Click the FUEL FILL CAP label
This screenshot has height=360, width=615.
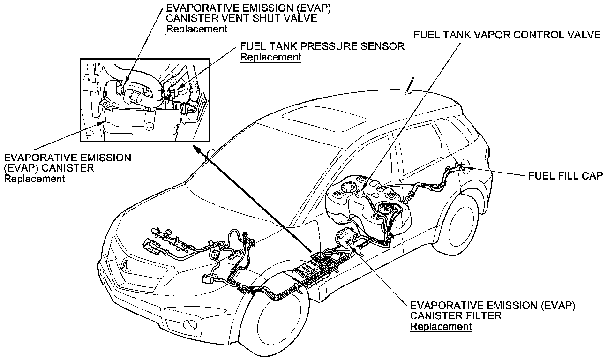(x=565, y=175)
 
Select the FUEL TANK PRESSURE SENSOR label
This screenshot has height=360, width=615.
(x=322, y=47)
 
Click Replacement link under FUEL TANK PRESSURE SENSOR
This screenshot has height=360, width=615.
(x=270, y=57)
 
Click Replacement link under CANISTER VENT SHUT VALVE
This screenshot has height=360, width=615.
(x=197, y=29)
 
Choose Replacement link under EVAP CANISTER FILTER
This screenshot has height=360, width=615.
(x=441, y=326)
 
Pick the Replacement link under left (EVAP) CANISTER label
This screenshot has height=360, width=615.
(x=34, y=179)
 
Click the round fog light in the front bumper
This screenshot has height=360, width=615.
(x=191, y=323)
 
